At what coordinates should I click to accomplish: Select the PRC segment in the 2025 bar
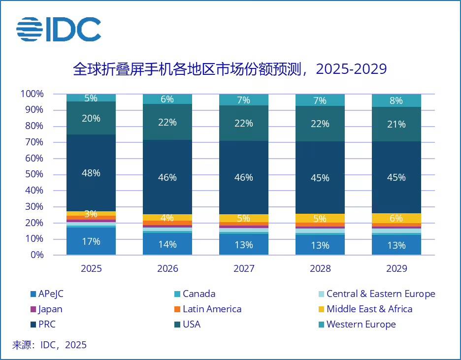tap(91, 173)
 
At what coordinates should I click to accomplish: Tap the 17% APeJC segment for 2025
tap(91, 241)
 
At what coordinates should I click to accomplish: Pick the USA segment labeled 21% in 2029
tap(396, 124)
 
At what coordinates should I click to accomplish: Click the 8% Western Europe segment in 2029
tap(396, 100)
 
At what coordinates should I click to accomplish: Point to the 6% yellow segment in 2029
tap(396, 218)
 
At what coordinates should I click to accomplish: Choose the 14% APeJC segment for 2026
tap(167, 244)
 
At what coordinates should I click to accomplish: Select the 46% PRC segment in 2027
tap(244, 177)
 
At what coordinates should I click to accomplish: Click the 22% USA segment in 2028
tap(320, 124)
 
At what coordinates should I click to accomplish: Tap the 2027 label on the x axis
tap(244, 269)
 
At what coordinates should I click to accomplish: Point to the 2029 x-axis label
tap(396, 269)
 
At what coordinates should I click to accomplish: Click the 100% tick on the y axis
tap(32, 94)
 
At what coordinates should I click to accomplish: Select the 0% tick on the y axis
tap(36, 255)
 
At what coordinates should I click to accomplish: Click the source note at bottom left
tap(49, 345)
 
